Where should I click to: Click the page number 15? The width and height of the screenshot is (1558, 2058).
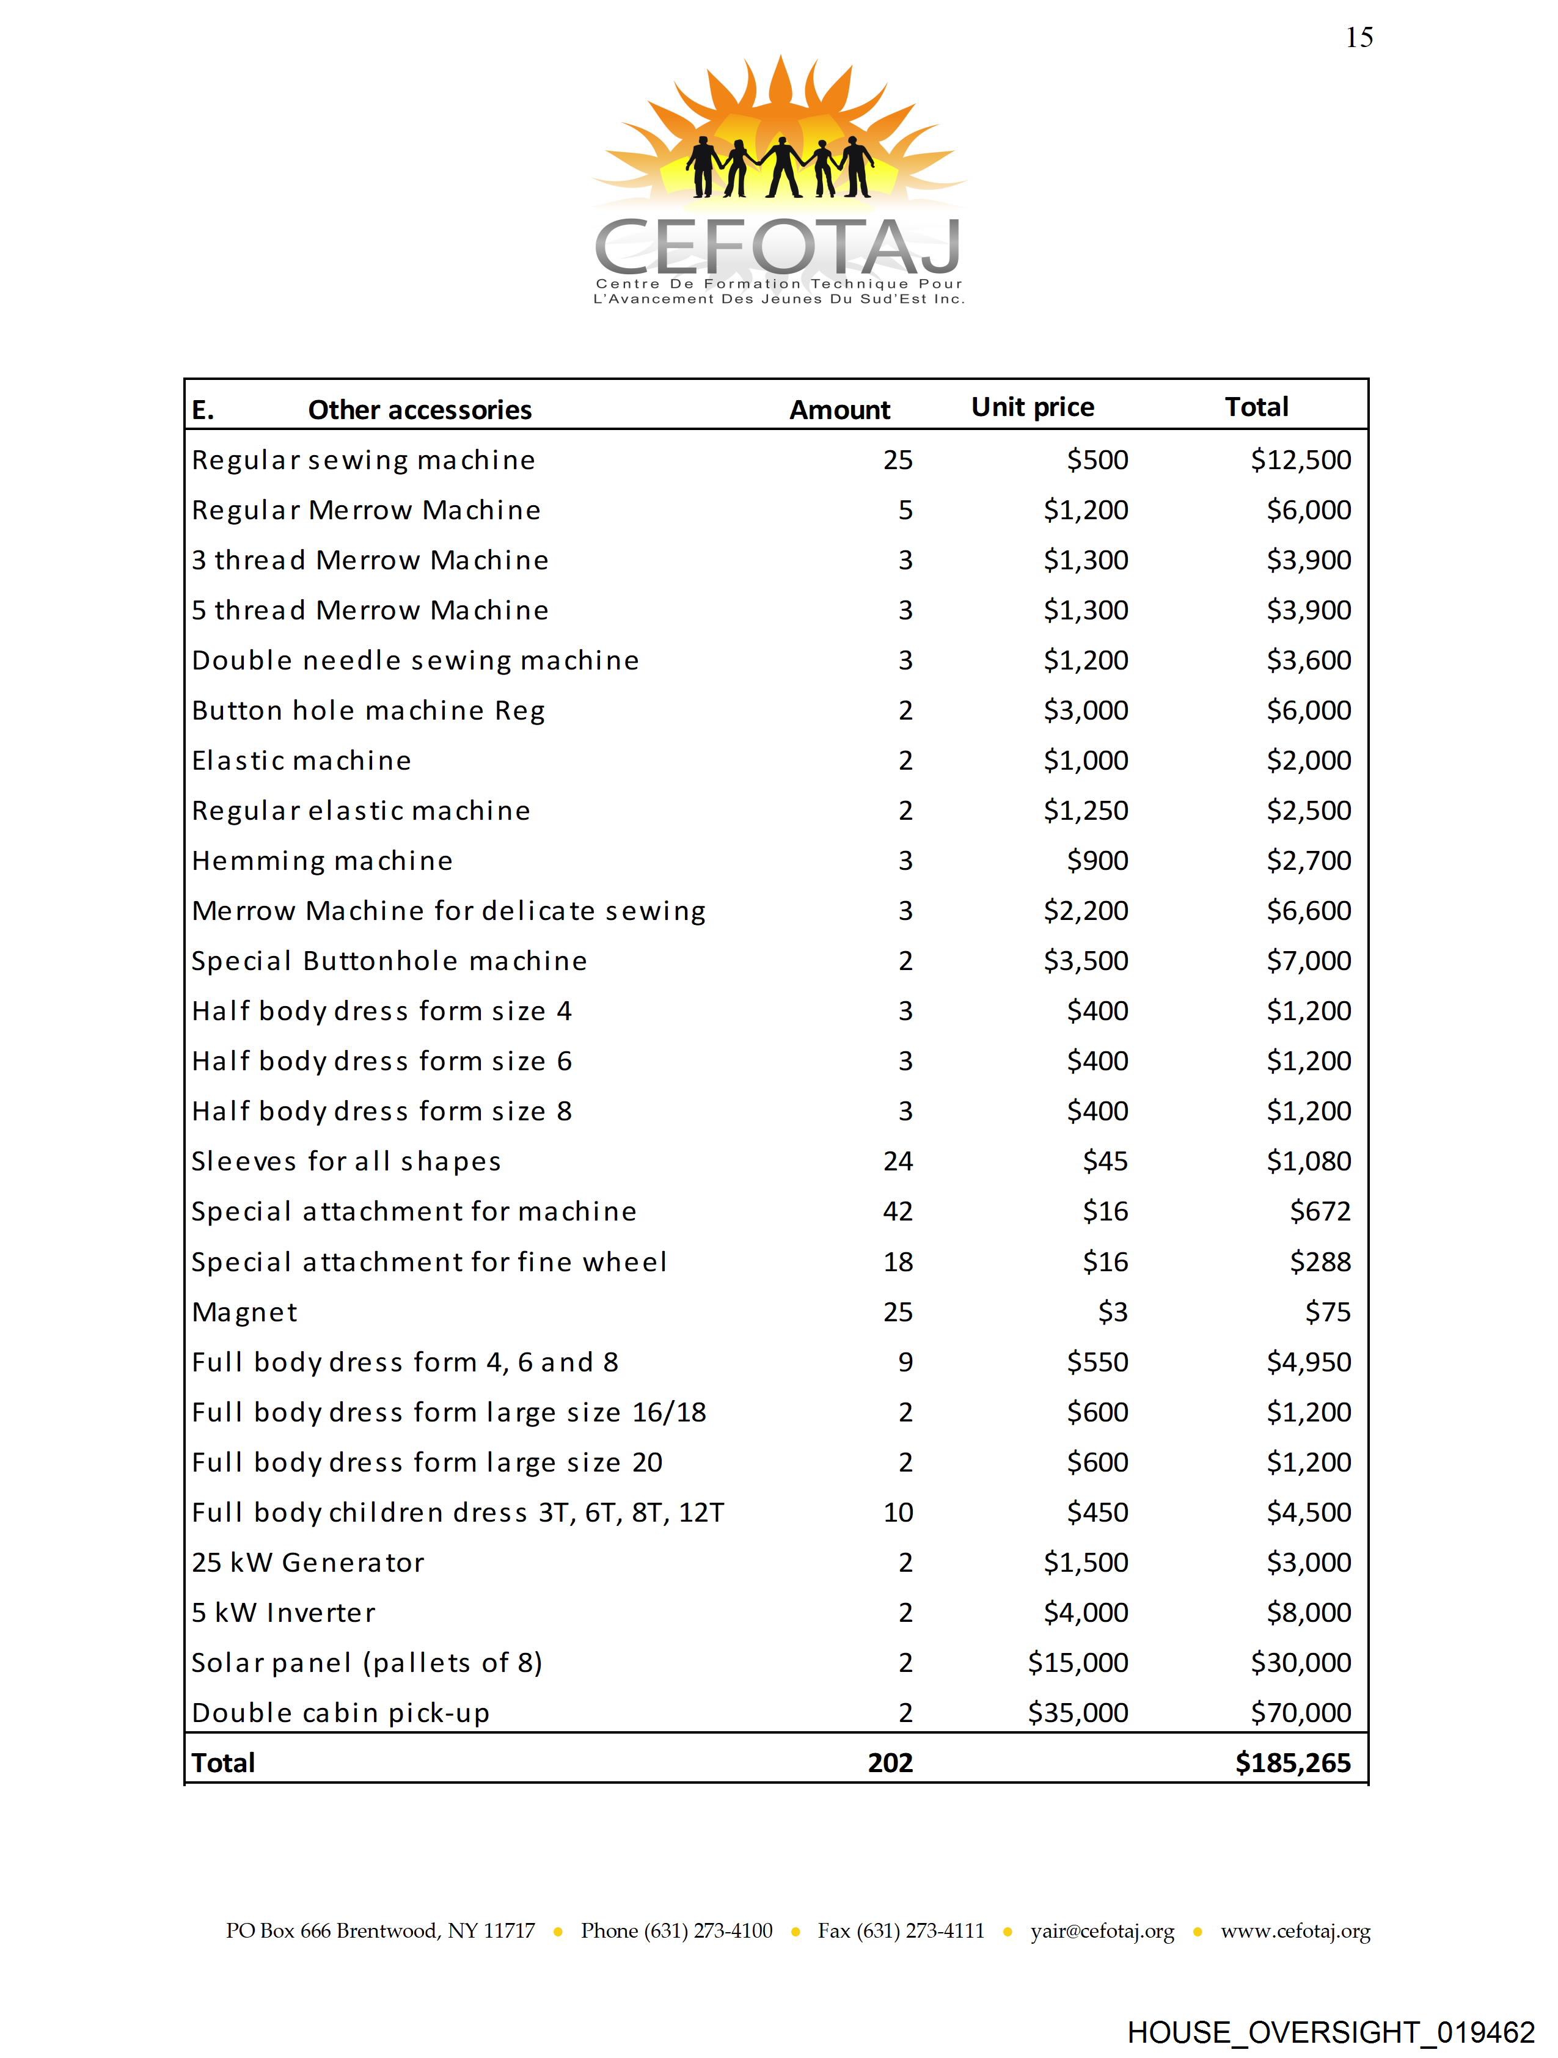coord(1359,37)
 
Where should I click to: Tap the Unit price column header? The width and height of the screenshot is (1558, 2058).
coord(1032,407)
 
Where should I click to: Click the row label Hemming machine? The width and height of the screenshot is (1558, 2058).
coord(322,861)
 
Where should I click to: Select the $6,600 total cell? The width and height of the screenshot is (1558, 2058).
coord(1309,911)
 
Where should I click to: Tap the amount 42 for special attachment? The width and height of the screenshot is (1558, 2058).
coord(898,1211)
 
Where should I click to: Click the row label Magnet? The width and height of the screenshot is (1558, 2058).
coord(245,1312)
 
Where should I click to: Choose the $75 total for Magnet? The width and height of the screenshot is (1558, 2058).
coord(1327,1312)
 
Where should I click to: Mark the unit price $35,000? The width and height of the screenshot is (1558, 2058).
coord(1078,1713)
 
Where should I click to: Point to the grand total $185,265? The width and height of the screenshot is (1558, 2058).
coord(1293,1763)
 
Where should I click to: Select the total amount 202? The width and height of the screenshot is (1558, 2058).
coord(890,1763)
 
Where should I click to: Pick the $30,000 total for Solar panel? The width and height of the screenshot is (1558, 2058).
coord(1300,1663)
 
